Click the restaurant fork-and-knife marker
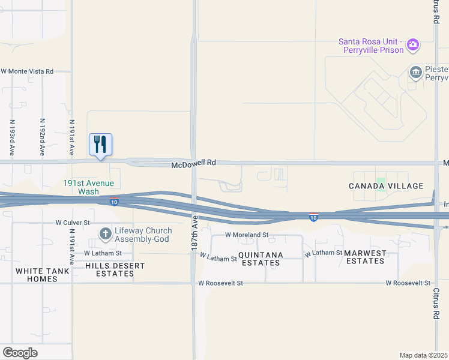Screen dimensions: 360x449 pos(101,145)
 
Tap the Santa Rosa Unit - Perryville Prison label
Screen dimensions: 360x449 pos(370,46)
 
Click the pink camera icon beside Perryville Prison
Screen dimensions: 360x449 pos(412,44)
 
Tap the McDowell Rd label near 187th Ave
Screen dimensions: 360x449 pos(193,163)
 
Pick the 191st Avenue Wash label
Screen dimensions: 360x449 pos(89,187)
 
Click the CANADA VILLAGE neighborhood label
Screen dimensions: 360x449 pos(386,187)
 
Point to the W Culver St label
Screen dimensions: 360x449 pos(73,222)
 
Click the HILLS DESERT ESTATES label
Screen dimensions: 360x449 pos(110,269)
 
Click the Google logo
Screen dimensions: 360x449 pos(20,353)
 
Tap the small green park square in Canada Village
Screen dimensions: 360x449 pos(380,181)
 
